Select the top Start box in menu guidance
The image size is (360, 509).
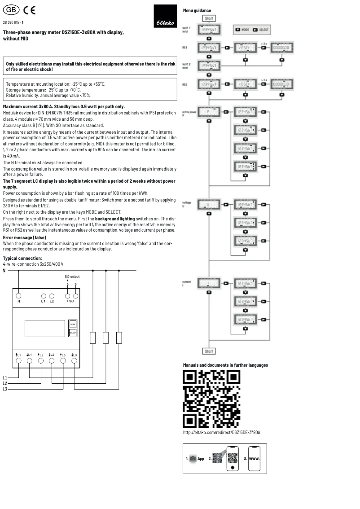(x=209, y=18)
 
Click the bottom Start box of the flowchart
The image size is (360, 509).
(x=209, y=351)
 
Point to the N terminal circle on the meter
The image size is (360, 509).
(x=18, y=296)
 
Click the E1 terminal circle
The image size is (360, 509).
(x=44, y=296)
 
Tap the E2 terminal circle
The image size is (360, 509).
(x=52, y=296)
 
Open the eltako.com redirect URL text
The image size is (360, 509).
(x=221, y=433)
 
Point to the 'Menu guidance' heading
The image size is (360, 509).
(x=197, y=10)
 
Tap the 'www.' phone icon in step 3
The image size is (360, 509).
(x=255, y=459)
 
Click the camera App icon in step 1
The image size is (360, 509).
(x=193, y=459)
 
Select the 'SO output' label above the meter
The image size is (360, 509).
(x=72, y=276)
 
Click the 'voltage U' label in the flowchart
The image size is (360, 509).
(x=188, y=204)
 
